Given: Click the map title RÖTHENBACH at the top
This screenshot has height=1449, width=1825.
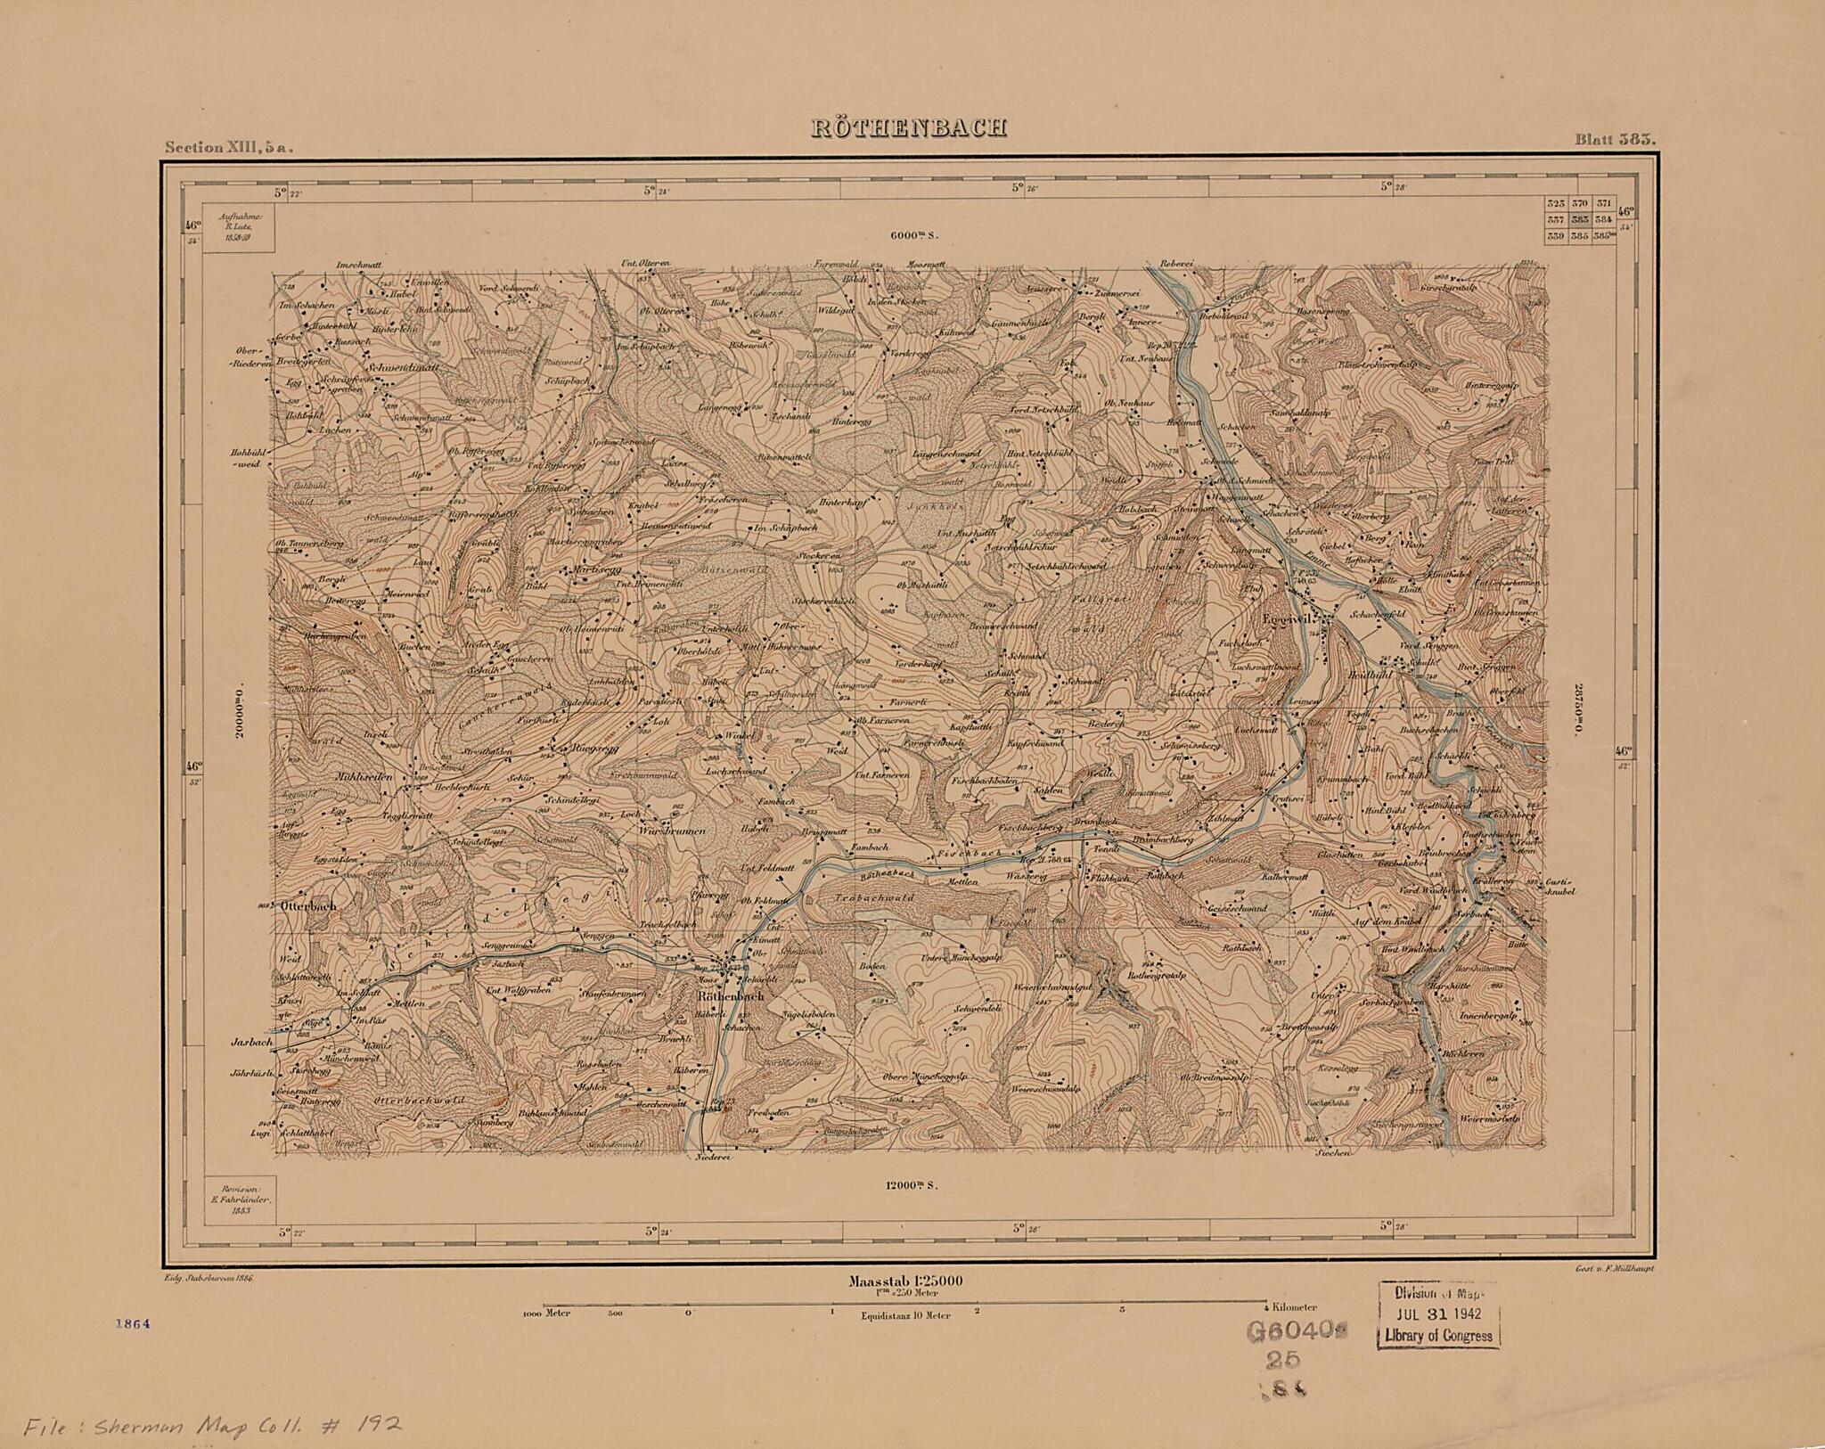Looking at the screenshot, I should (909, 128).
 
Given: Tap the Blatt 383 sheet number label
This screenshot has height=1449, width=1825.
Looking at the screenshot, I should (1614, 139).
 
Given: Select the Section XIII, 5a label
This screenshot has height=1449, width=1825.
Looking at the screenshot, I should (228, 148).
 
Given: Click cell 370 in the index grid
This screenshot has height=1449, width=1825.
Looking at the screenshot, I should (1581, 204).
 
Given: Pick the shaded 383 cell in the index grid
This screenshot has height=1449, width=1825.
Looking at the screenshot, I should (1581, 220).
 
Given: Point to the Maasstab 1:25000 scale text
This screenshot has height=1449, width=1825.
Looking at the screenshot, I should (905, 1281).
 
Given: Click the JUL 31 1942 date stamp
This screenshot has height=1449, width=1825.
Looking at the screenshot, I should (1438, 1314).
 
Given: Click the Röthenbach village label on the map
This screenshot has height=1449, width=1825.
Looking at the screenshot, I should (730, 996).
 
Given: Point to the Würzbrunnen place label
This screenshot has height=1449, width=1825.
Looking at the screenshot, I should (673, 831).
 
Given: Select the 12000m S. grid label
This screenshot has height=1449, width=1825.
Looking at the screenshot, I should (912, 1186).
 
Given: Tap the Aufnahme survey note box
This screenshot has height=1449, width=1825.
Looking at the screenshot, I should (238, 227).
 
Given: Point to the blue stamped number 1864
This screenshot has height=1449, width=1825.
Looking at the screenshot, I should (133, 1348).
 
